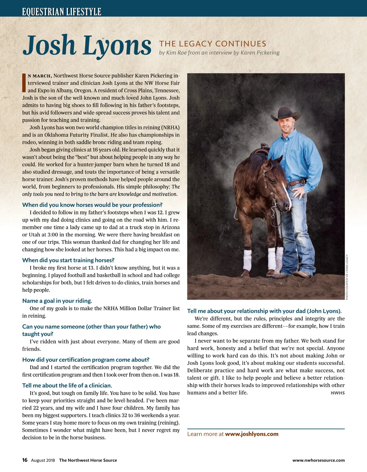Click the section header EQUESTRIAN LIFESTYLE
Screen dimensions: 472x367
pos(61,12)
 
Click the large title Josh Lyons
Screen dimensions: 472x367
pos(87,46)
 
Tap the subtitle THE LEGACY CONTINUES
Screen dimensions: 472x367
pos(213,44)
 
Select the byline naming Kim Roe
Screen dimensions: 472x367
pos(219,53)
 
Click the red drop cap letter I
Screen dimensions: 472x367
pos(24,83)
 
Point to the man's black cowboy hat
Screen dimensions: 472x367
pos(286,113)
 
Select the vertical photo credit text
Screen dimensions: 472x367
pos(347,277)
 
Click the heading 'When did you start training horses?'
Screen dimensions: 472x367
pos(68,260)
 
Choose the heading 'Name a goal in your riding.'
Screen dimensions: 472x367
pos(57,301)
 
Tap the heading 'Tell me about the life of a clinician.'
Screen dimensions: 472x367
pos(67,386)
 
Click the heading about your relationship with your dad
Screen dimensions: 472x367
pos(264,311)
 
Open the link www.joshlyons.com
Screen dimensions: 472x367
pos(252,434)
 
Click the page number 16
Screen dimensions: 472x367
pos(25,460)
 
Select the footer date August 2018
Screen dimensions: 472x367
pos(43,460)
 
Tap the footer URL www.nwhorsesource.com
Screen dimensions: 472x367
pos(318,460)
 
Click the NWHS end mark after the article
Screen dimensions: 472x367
pos(338,393)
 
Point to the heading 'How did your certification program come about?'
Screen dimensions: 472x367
pos(86,360)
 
